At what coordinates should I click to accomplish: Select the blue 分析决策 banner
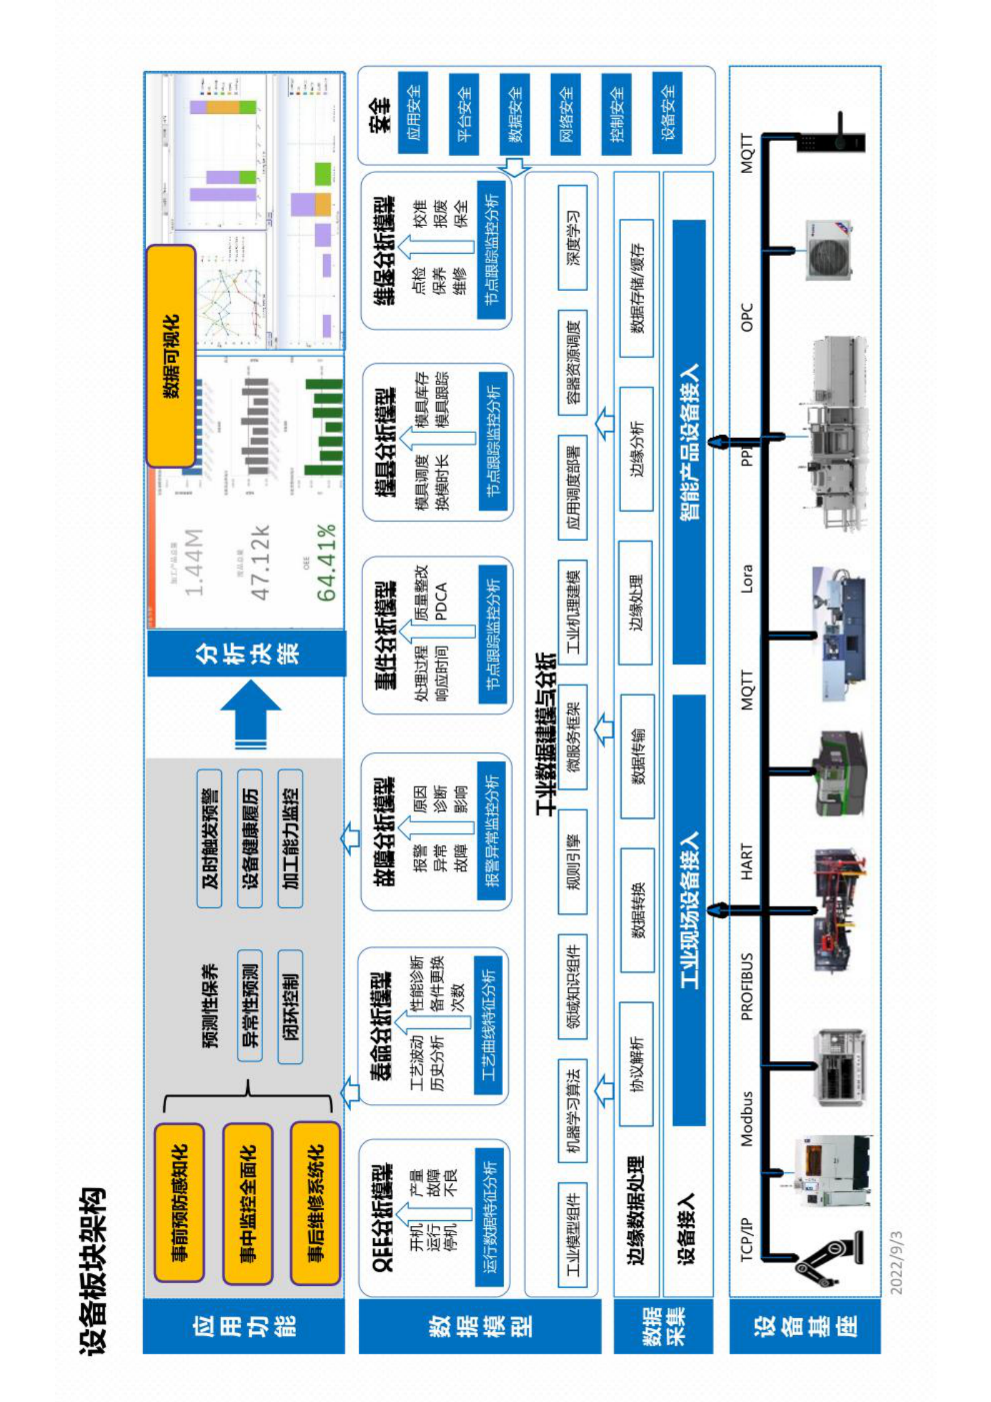(x=246, y=653)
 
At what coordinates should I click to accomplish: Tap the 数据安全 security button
(x=514, y=114)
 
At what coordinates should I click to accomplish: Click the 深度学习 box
(x=572, y=237)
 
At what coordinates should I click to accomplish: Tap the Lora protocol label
(x=747, y=578)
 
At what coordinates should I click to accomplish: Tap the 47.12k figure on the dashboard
(x=259, y=562)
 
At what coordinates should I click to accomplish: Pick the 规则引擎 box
(x=572, y=862)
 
